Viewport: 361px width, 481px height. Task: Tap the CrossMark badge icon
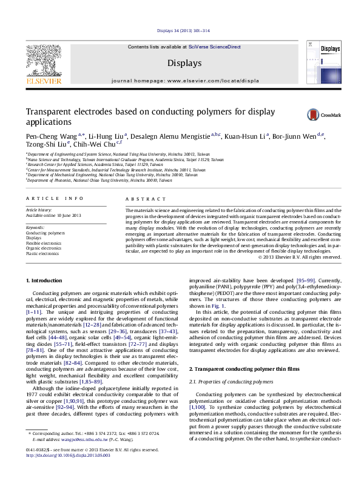tap(312, 114)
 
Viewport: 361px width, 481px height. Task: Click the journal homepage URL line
tap(180, 79)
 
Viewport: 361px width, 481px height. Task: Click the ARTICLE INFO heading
tap(50, 198)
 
